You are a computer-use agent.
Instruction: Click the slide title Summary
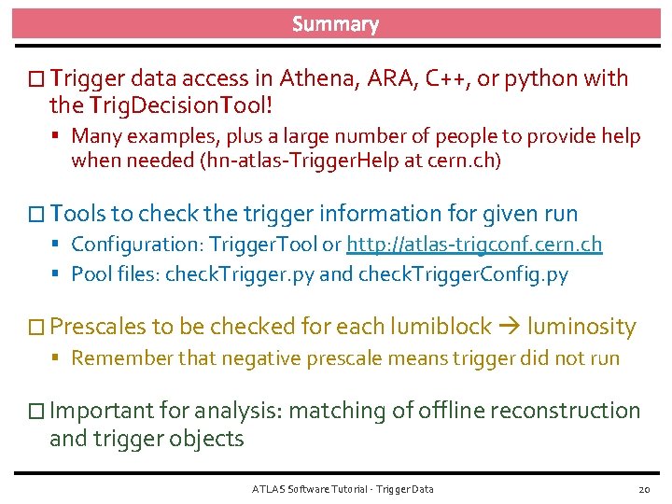click(335, 24)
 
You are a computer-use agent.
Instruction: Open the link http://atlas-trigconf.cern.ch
click(474, 245)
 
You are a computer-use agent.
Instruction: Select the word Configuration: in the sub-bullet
click(137, 245)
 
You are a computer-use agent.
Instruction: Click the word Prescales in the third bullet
click(98, 327)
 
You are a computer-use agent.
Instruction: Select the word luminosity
click(581, 327)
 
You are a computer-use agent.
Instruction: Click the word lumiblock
click(440, 327)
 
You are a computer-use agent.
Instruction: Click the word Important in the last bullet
click(99, 411)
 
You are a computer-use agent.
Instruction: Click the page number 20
click(643, 489)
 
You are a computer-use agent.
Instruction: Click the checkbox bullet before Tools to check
click(37, 215)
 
